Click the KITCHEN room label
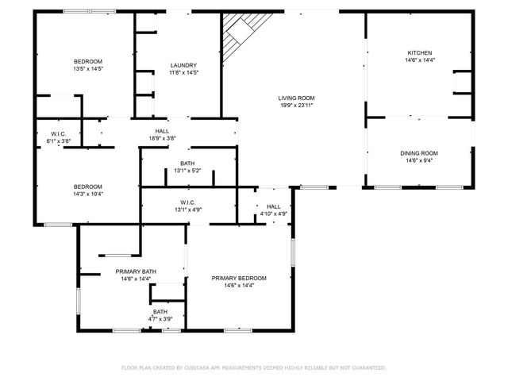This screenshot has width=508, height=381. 419,52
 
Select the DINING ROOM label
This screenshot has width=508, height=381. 419,153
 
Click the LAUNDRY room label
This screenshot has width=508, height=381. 183,65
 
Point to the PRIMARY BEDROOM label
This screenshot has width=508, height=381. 239,278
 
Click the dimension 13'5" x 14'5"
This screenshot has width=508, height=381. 88,69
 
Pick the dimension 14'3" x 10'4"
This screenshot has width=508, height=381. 88,194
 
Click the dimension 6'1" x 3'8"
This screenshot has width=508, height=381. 59,140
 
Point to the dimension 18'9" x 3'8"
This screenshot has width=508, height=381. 162,138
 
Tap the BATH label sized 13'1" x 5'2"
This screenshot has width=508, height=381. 187,164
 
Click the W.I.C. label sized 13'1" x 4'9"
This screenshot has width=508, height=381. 188,202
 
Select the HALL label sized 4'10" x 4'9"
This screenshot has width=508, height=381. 273,206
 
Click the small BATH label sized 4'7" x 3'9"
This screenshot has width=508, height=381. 160,312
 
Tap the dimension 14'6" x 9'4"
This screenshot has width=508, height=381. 419,160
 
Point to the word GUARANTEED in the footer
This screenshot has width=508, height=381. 366,368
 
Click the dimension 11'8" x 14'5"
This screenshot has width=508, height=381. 183,72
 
